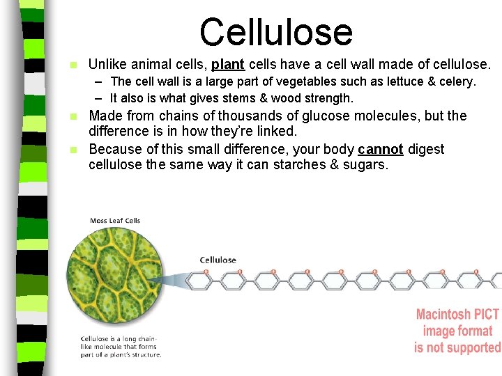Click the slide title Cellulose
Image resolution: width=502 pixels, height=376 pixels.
[x=276, y=32]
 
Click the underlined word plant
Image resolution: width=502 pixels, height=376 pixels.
[x=227, y=65]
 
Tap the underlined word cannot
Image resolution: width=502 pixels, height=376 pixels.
[x=381, y=149]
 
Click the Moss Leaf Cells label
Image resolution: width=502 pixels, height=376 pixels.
[x=115, y=221]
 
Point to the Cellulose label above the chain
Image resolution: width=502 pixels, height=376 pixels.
[x=218, y=260]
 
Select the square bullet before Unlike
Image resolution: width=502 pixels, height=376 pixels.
[x=74, y=65]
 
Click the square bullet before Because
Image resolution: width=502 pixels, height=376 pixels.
[x=74, y=150]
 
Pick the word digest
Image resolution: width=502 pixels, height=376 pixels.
[x=426, y=149]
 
